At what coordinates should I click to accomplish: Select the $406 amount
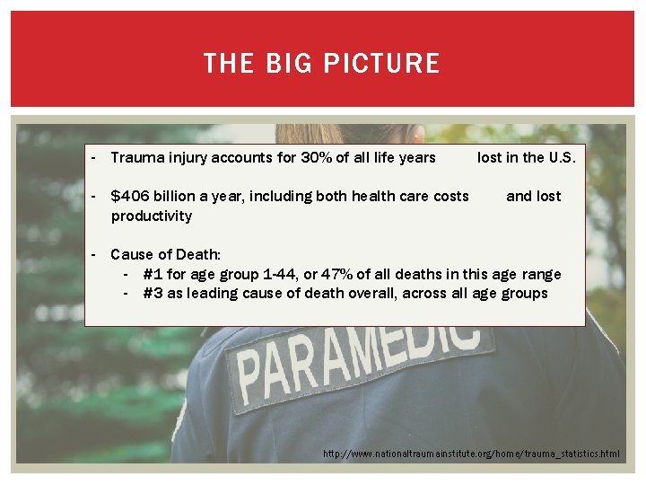point(129,196)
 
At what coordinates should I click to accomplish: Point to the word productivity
point(151,216)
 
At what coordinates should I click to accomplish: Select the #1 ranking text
point(152,274)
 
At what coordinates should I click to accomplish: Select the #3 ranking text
point(152,293)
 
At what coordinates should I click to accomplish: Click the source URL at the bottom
point(471,454)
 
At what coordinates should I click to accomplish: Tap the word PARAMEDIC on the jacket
point(359,355)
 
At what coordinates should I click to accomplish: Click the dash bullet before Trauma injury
point(93,158)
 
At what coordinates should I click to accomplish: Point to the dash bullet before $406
point(93,196)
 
